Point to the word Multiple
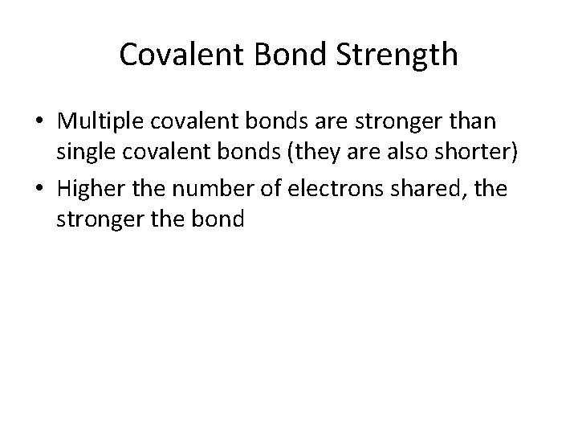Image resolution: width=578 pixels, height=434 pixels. [100, 124]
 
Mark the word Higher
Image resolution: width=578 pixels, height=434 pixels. [91, 190]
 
